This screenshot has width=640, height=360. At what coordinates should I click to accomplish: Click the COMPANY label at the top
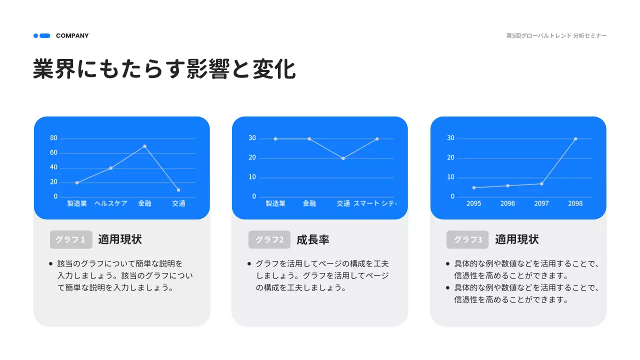click(x=72, y=35)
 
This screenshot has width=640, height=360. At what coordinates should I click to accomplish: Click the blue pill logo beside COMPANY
click(x=42, y=35)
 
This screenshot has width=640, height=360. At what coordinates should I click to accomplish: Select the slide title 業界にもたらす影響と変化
click(x=164, y=69)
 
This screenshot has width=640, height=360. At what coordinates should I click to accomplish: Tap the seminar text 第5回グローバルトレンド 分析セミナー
click(x=556, y=36)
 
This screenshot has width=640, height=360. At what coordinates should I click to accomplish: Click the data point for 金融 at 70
click(x=144, y=146)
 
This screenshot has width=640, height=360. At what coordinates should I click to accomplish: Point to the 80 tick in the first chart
click(x=54, y=138)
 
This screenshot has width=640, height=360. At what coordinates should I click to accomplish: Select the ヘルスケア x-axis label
click(x=111, y=203)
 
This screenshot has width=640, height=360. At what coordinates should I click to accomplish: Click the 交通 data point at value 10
click(x=178, y=190)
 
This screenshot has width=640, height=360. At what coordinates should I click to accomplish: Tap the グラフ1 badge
click(x=71, y=239)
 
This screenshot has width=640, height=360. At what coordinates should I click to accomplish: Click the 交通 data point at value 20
click(x=343, y=158)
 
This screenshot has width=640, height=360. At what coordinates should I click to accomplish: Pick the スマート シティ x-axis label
click(x=375, y=203)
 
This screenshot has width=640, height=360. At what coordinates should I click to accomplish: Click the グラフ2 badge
click(x=269, y=239)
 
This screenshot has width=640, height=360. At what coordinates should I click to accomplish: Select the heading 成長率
click(x=313, y=239)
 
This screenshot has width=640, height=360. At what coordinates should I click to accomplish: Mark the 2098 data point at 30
click(x=575, y=139)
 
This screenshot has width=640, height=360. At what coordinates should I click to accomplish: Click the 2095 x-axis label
click(x=473, y=203)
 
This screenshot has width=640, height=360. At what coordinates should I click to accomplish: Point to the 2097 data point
click(x=541, y=183)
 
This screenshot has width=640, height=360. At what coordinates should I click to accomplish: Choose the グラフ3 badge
click(x=467, y=239)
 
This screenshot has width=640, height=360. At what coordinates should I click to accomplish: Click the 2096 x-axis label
click(x=507, y=203)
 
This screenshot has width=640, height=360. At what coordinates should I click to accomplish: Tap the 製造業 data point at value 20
click(x=77, y=182)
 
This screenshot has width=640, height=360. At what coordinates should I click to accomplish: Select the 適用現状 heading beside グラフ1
click(x=120, y=239)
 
